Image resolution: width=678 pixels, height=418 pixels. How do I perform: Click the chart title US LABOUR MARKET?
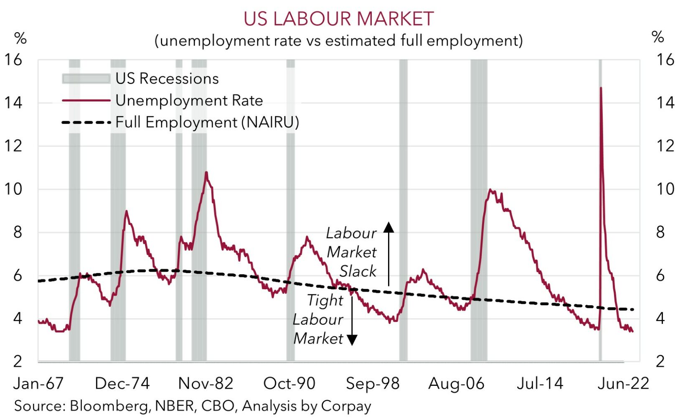point(338,19)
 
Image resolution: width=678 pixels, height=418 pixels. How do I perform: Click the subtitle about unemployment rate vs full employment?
point(338,41)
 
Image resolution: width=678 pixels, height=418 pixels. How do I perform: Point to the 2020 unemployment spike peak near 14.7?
point(601,88)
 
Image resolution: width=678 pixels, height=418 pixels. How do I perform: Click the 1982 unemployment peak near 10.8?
point(206,173)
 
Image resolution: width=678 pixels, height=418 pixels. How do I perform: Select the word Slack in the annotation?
point(358,271)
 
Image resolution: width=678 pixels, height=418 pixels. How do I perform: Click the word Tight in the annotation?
point(325,300)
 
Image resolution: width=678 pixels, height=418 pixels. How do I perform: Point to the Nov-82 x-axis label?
point(206,383)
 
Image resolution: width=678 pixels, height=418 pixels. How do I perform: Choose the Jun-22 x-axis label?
point(623,383)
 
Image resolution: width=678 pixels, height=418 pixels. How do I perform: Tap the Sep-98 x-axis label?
point(373,383)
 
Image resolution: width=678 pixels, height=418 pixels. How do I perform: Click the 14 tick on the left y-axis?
point(13,102)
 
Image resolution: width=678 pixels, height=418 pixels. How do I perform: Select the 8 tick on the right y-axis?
point(660,232)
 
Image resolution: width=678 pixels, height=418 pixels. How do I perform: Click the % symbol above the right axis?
point(658,37)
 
